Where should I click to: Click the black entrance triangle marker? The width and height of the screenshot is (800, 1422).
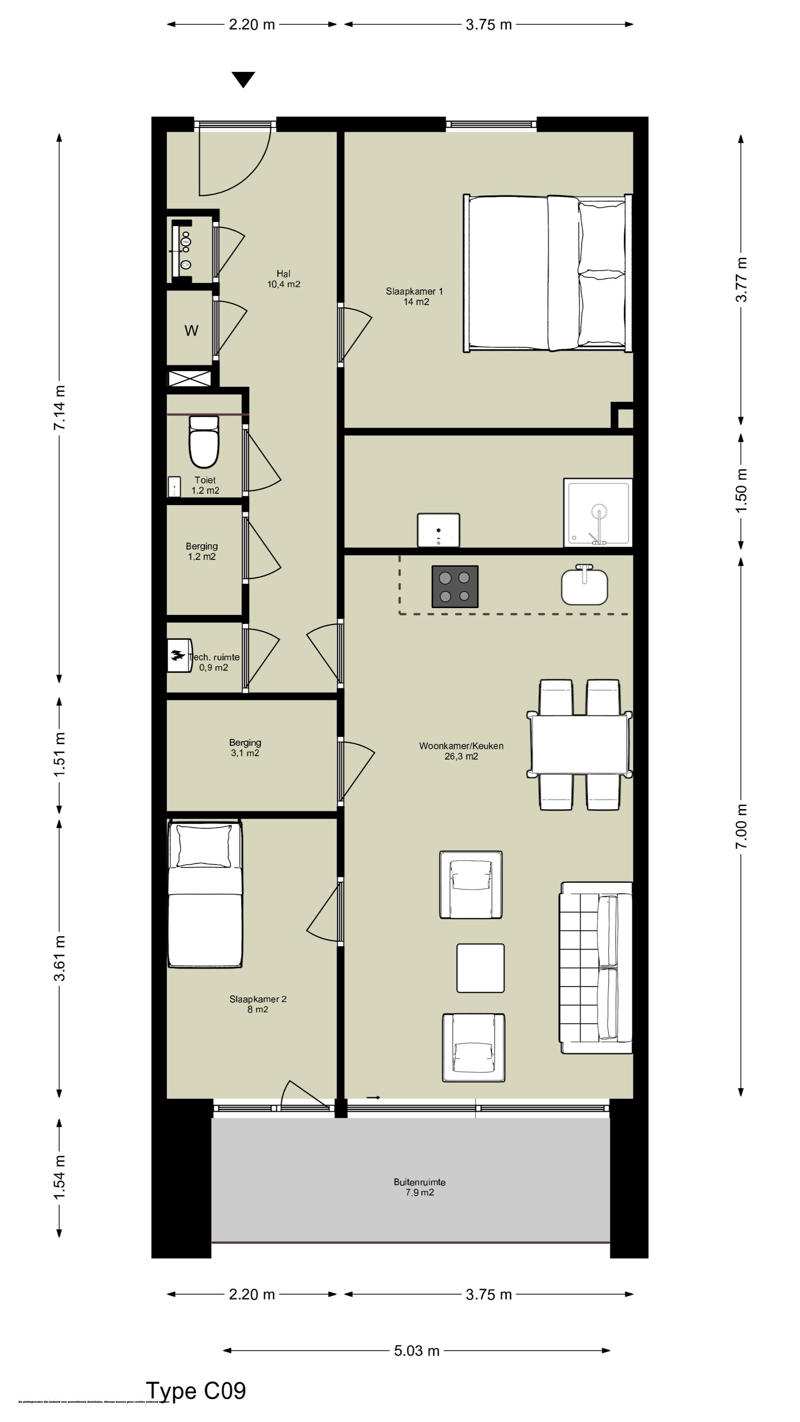tap(243, 79)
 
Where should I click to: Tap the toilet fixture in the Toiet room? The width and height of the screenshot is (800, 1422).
tap(204, 442)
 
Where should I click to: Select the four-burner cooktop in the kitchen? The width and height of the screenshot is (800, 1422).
tap(454, 586)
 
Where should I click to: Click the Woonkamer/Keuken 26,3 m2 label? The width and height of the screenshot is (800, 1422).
tap(461, 751)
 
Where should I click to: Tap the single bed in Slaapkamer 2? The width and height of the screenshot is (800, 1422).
tap(205, 894)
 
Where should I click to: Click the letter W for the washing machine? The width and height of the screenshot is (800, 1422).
tap(191, 331)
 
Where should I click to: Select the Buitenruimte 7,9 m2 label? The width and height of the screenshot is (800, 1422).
tap(420, 1187)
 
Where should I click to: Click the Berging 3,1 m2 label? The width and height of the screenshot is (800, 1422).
tap(245, 747)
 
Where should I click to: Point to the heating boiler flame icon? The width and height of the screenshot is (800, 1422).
tap(178, 656)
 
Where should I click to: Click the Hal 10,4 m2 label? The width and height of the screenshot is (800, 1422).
tap(284, 279)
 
